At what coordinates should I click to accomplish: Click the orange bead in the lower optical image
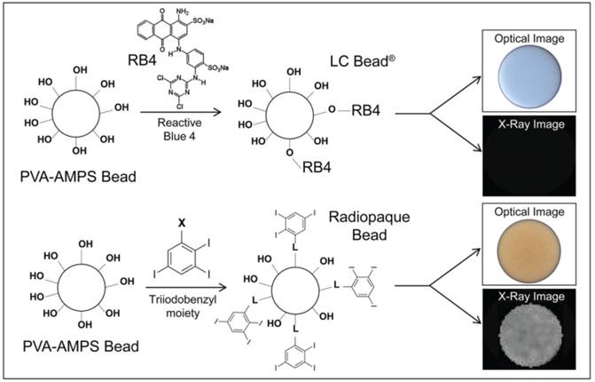[528, 245]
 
